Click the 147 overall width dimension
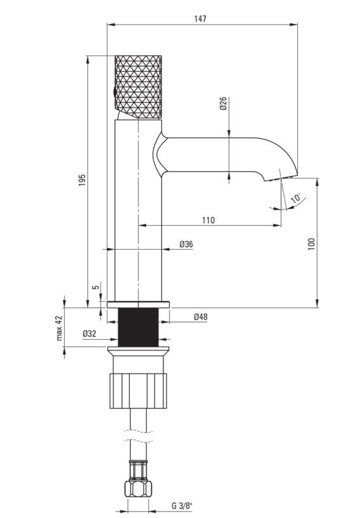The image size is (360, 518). [x=200, y=19]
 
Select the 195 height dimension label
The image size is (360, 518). [x=82, y=179]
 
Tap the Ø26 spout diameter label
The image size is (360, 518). [x=223, y=103]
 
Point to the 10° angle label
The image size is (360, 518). [x=296, y=198]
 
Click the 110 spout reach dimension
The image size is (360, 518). [x=208, y=220]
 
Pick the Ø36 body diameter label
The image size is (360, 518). [x=186, y=244]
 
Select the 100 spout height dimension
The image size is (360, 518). [x=311, y=244]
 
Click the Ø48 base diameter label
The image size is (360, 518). [x=201, y=317]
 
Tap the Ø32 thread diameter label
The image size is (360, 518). [x=89, y=333]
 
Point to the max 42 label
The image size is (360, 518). [x=59, y=328]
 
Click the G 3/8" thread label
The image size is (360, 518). [x=182, y=506]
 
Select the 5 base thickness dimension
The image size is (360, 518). [x=96, y=287]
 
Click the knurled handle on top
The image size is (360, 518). [x=138, y=87]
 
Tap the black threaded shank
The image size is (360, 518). [x=138, y=327]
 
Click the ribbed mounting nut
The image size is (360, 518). [x=138, y=391]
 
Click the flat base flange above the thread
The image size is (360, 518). [x=138, y=304]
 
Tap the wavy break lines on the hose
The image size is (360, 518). [x=138, y=436]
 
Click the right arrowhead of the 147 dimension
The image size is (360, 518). [x=293, y=24]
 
